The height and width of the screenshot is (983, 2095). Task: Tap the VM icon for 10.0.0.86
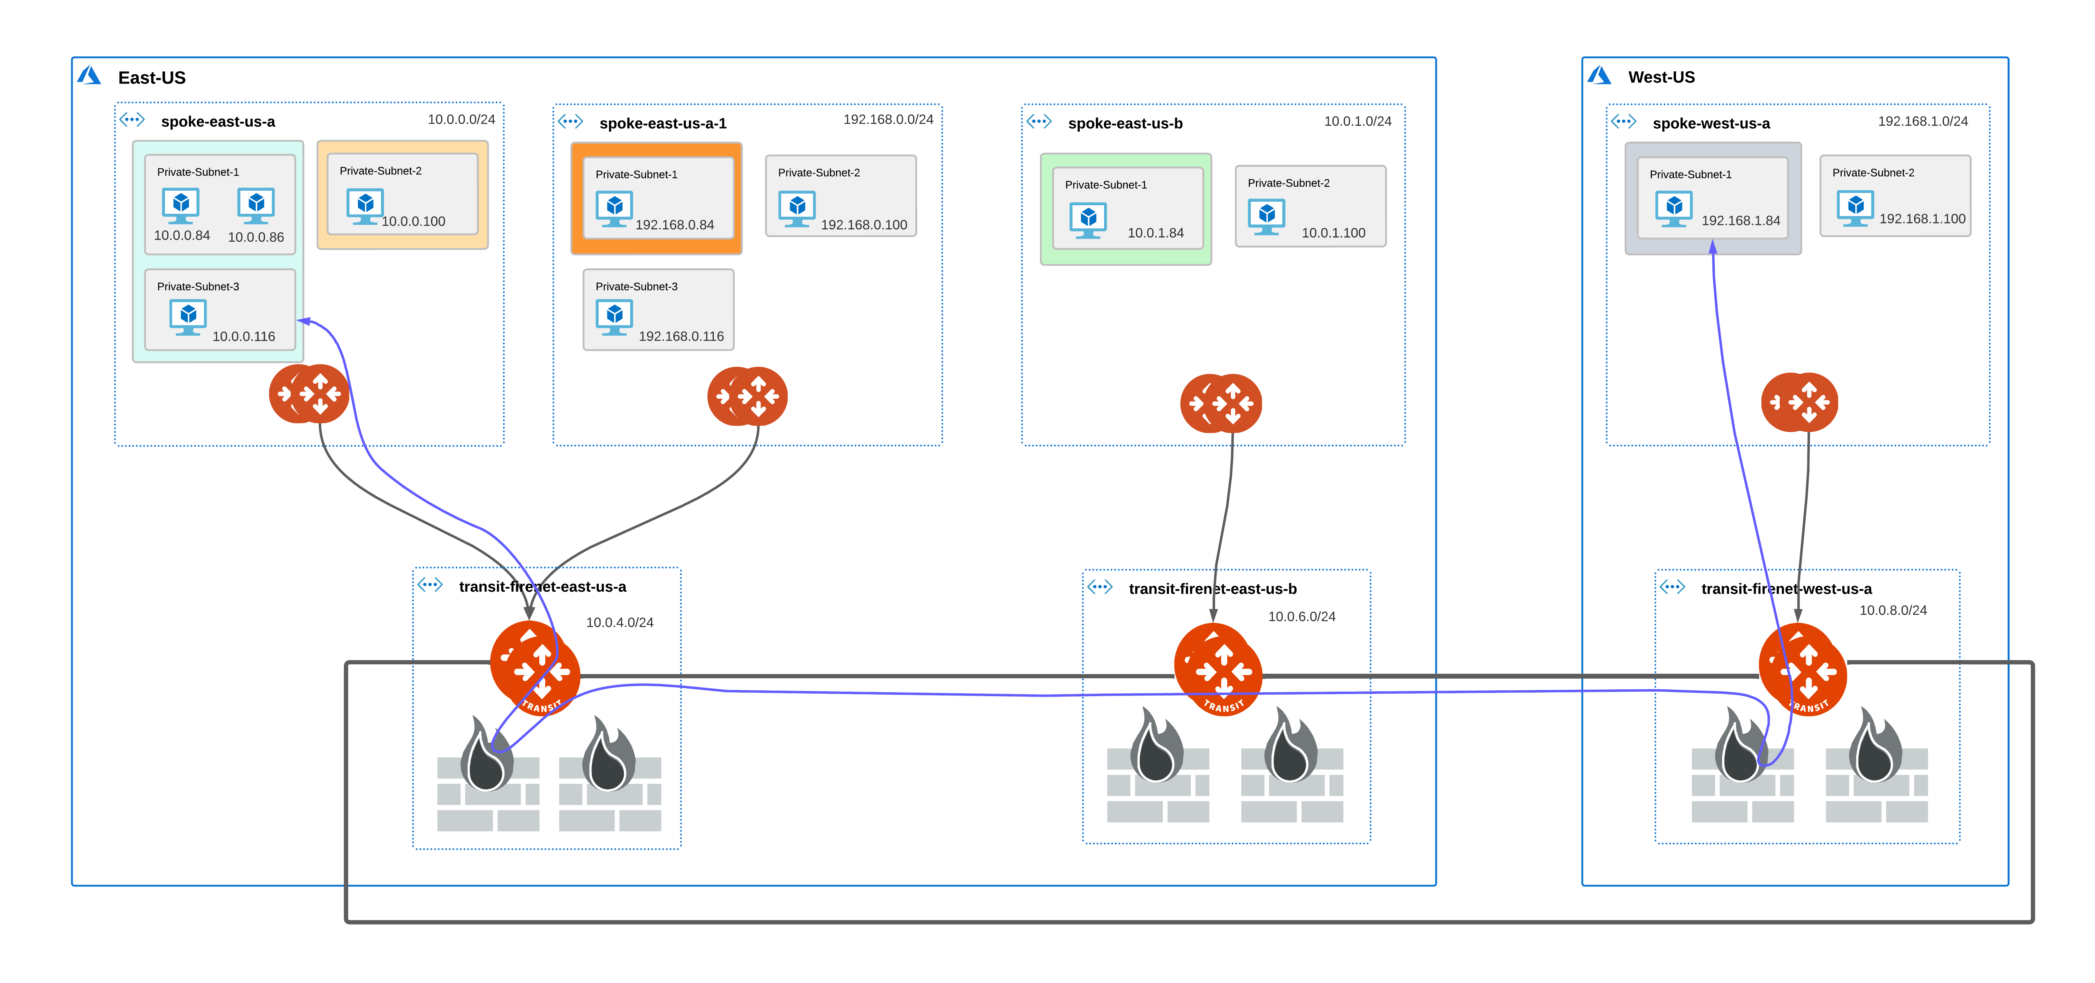pos(256,206)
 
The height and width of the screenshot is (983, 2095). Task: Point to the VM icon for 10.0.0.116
pos(188,317)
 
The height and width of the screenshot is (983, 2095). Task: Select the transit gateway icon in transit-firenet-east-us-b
pos(1218,669)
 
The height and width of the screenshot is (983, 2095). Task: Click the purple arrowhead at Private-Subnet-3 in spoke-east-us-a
pos(303,321)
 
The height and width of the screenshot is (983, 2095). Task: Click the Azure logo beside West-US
pos(1599,76)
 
